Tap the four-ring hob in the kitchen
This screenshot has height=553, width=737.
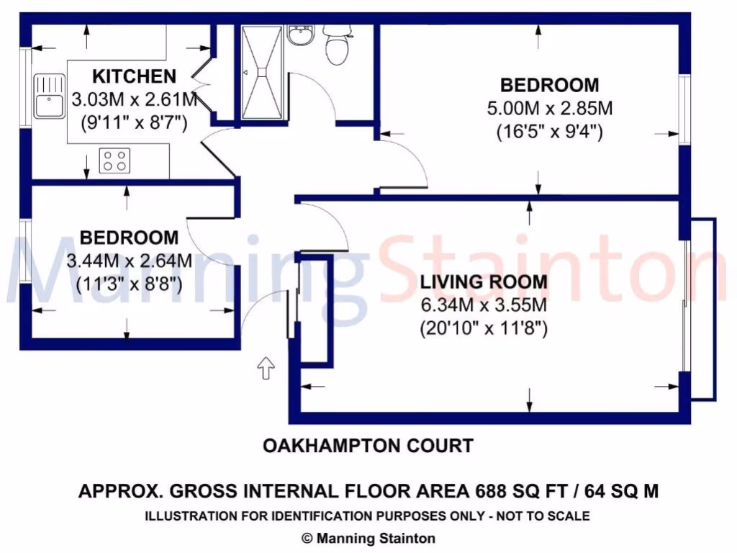click(x=114, y=160)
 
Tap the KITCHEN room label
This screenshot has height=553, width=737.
click(x=134, y=76)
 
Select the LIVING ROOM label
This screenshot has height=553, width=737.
click(x=484, y=282)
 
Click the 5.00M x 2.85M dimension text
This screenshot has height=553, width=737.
click(x=549, y=109)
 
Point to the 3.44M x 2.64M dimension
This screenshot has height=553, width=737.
click(x=129, y=261)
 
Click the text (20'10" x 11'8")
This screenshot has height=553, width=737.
click(x=484, y=329)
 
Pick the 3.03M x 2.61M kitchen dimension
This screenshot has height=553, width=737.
click(x=135, y=99)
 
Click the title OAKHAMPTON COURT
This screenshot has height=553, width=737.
click(x=368, y=446)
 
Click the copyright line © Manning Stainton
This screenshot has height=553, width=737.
click(x=368, y=538)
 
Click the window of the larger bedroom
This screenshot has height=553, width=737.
click(x=685, y=108)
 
